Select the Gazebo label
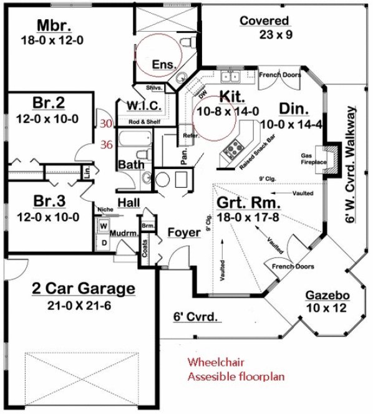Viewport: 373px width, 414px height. pyautogui.click(x=322, y=295)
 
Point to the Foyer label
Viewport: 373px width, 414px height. pyautogui.click(x=184, y=233)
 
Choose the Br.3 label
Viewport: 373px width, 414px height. pyautogui.click(x=47, y=201)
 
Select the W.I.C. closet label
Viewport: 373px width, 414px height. pyautogui.click(x=146, y=105)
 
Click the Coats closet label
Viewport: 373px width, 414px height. pyautogui.click(x=145, y=248)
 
